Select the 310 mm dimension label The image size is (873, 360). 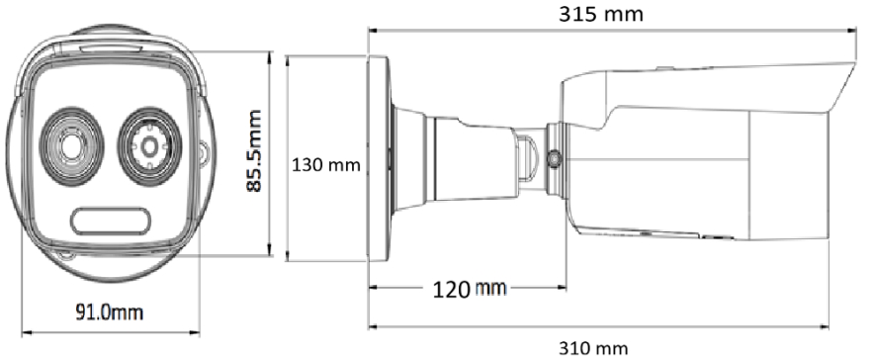[x=593, y=347]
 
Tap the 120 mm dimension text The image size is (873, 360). [x=470, y=289]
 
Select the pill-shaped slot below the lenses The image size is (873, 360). [x=110, y=219]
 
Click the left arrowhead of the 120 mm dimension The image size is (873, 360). [x=373, y=289]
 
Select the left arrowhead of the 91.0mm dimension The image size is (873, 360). [x=24, y=330]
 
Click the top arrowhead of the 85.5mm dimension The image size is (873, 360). [x=271, y=54]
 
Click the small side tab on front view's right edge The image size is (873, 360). [x=205, y=155]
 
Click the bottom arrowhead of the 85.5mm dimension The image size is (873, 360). [x=271, y=255]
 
